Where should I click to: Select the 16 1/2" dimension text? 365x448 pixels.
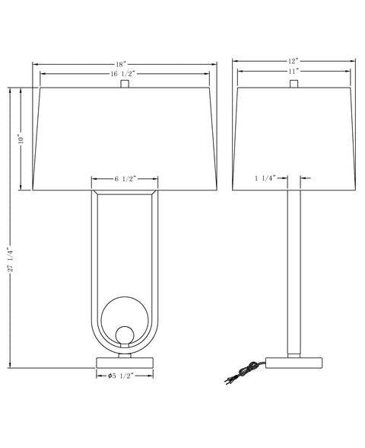(125, 73)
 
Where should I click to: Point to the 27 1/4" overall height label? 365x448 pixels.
(10, 258)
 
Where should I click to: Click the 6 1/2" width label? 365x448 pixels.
(125, 179)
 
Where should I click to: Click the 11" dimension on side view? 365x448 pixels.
(293, 72)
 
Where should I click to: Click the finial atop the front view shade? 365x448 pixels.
(125, 84)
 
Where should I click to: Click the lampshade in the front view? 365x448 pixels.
(125, 137)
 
